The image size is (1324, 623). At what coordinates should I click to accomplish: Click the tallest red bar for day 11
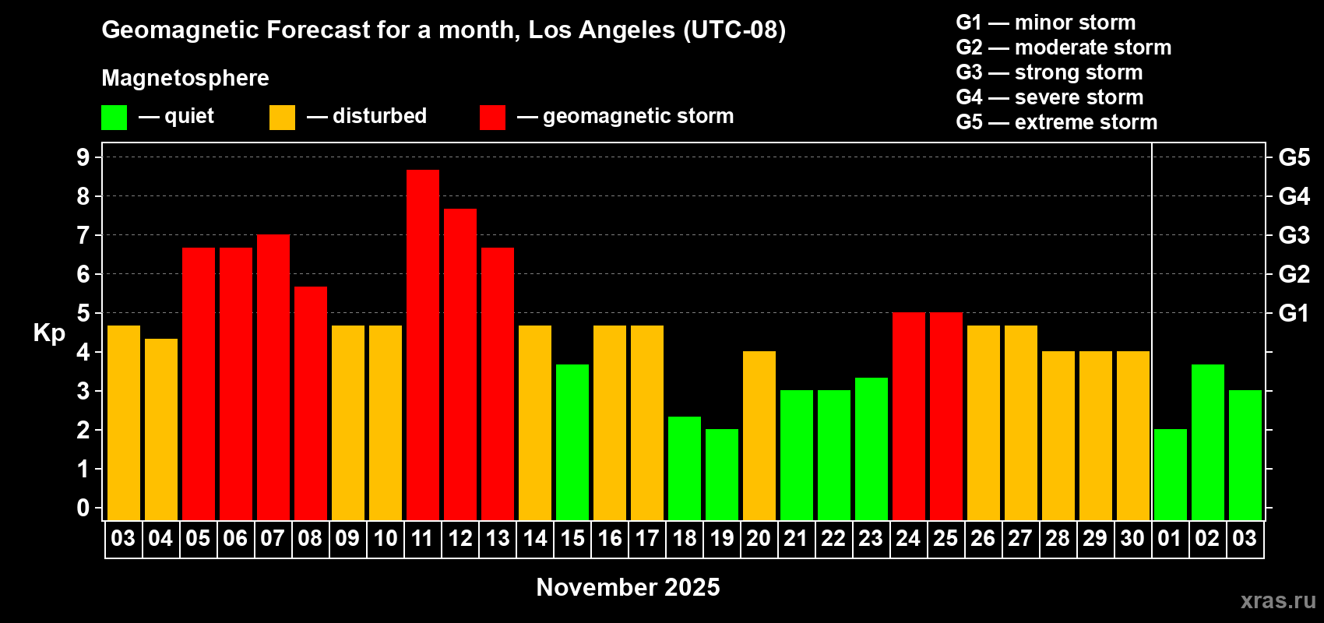423,345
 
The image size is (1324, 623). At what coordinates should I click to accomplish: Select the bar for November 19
722,474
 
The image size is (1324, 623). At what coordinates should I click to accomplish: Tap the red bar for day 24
908,416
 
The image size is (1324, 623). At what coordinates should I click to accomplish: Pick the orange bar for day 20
759,435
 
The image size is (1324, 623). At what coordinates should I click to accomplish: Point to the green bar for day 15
572,442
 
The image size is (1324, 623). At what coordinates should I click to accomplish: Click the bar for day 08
310,403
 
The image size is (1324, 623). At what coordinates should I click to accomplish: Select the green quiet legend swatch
114,117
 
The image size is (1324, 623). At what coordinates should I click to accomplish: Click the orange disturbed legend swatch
282,117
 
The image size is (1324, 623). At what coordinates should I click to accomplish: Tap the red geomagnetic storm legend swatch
492,117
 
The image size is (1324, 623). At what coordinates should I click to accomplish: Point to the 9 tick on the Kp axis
83,157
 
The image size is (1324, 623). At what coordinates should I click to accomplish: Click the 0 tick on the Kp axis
83,508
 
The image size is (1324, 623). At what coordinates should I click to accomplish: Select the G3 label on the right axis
1294,235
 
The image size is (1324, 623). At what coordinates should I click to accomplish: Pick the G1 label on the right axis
1294,313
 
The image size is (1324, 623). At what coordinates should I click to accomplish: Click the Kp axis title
49,333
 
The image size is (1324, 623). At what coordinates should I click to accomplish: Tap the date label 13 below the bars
498,538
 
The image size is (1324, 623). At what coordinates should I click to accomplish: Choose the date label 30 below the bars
1132,538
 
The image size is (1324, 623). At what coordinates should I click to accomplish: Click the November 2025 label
628,587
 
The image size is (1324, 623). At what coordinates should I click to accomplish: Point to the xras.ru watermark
1278,600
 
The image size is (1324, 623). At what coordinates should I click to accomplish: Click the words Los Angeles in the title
601,30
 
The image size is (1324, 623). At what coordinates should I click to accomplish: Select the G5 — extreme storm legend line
1056,122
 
